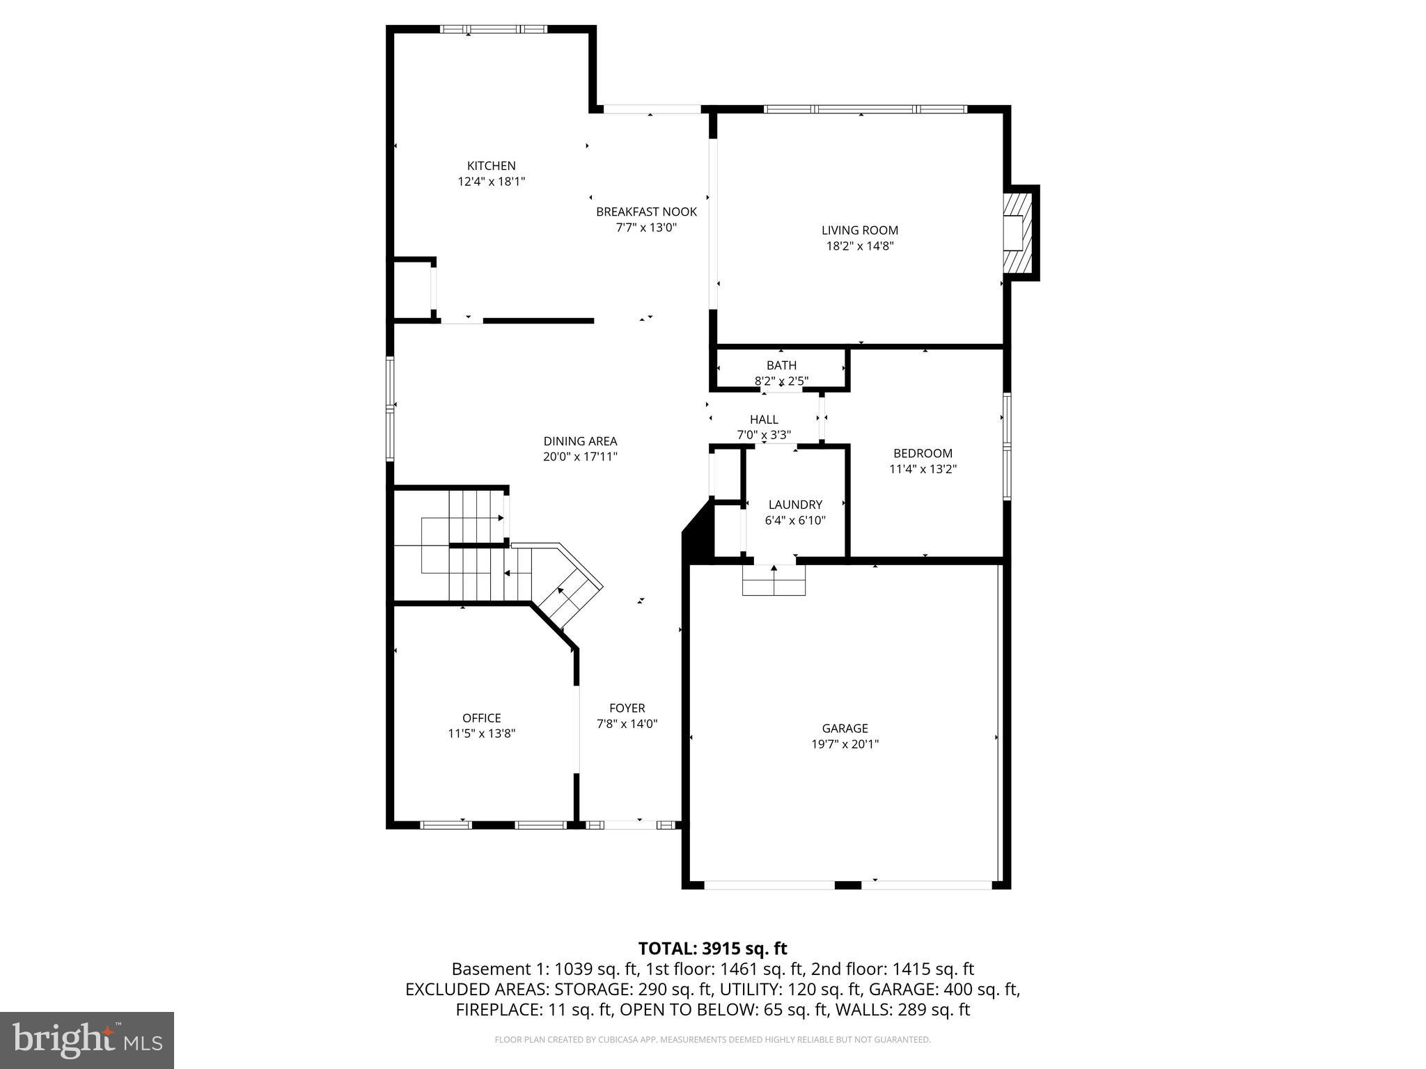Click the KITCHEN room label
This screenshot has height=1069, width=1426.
[491, 166]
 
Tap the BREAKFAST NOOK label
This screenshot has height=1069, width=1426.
[646, 212]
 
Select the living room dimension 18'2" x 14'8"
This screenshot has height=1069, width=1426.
[860, 246]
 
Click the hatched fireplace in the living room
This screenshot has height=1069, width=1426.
[1018, 234]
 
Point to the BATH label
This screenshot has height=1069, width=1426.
[781, 365]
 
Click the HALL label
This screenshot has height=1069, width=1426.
[764, 420]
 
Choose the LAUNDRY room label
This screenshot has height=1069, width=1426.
[795, 505]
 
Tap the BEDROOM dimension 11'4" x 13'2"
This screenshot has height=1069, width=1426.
[923, 469]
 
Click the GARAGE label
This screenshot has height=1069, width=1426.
[845, 728]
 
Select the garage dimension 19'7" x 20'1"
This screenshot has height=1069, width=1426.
[845, 744]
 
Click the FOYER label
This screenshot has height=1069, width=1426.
[627, 708]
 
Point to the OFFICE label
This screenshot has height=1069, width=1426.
[481, 718]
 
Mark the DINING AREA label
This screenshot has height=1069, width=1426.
[580, 441]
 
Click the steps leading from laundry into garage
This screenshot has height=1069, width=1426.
[774, 580]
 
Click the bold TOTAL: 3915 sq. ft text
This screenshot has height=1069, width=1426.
[712, 949]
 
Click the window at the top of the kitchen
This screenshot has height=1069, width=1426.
[493, 29]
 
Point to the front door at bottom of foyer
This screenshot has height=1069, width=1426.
[631, 825]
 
